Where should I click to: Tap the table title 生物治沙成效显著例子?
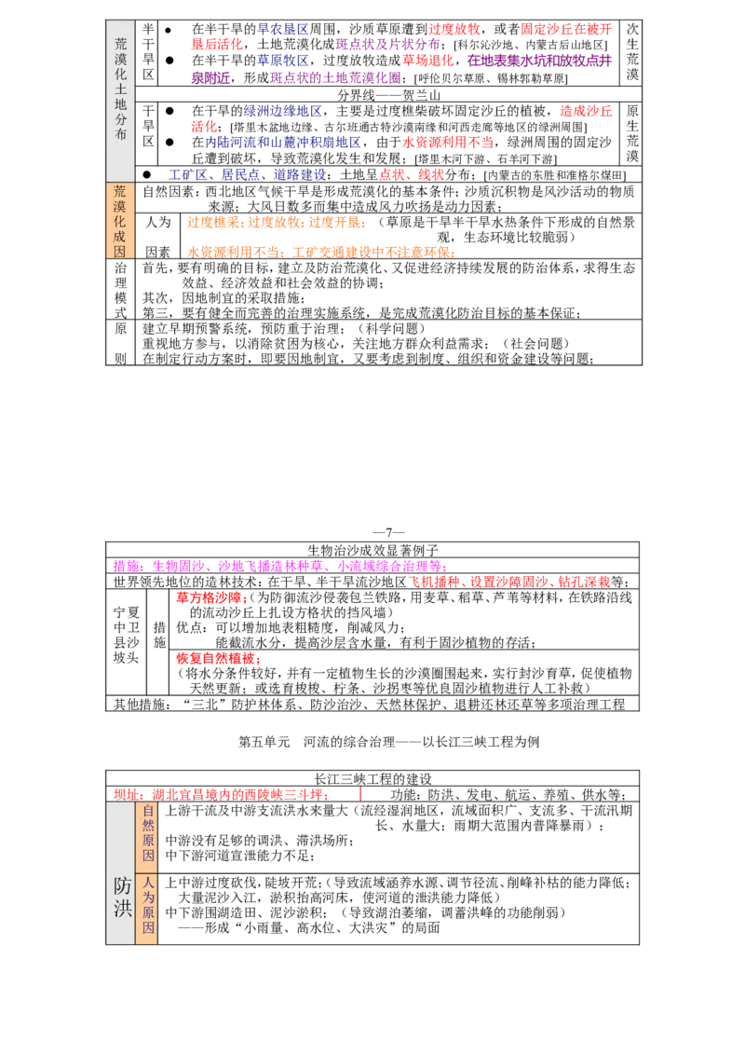click(372, 551)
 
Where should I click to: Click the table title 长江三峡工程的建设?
click(372, 779)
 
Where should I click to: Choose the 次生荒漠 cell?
click(632, 52)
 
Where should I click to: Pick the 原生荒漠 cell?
click(632, 133)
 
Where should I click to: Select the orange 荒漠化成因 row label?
click(120, 221)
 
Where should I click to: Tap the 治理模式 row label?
click(120, 290)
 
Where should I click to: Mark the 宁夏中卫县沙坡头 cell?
click(126, 636)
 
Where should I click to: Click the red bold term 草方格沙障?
click(209, 597)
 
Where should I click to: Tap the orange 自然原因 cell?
click(148, 833)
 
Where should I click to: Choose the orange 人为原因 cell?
click(148, 905)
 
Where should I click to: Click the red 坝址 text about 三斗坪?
click(219, 795)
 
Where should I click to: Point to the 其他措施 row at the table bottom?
click(369, 705)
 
